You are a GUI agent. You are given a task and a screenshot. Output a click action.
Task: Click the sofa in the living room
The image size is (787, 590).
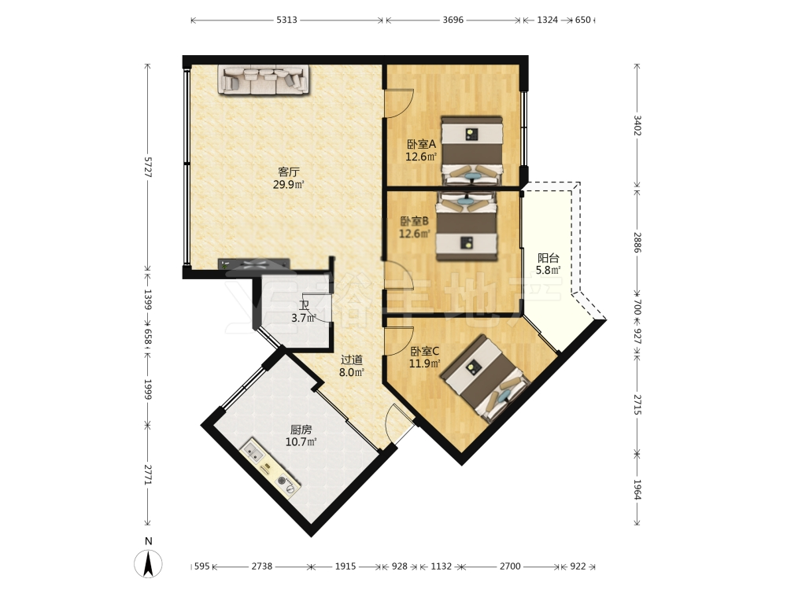point(263,79)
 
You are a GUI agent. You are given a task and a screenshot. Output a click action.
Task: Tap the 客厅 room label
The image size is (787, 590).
point(289,172)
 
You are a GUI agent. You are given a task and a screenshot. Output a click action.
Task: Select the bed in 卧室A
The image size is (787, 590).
point(471,150)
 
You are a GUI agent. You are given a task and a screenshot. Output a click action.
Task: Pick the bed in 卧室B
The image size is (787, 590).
point(467,227)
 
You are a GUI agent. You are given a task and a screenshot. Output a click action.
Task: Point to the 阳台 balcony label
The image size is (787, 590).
point(548,258)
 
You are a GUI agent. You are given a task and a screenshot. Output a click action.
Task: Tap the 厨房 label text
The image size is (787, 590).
point(301,430)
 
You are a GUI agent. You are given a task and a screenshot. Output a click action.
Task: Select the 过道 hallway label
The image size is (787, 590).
point(351,360)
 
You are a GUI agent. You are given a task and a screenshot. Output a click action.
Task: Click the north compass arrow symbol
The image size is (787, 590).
point(148,564)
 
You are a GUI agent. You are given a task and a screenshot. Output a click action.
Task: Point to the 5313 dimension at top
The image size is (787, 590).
point(286,20)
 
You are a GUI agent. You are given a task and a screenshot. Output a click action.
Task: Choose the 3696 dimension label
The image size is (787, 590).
point(453,20)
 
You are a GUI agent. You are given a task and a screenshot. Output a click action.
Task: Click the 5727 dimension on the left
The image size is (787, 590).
point(148,167)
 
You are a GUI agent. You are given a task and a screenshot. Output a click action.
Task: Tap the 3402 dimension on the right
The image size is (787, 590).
point(637,125)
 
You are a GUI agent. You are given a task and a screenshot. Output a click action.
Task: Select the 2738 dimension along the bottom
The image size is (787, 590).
point(261,566)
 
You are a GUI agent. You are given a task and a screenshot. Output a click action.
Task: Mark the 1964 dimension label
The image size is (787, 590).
point(637,489)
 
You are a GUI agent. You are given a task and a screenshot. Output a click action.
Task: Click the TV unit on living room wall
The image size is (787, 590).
point(254,264)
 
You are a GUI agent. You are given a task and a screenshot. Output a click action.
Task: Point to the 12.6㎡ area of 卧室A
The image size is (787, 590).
point(420,157)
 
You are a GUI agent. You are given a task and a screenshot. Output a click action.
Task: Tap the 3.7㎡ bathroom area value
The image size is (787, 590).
point(303,318)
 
